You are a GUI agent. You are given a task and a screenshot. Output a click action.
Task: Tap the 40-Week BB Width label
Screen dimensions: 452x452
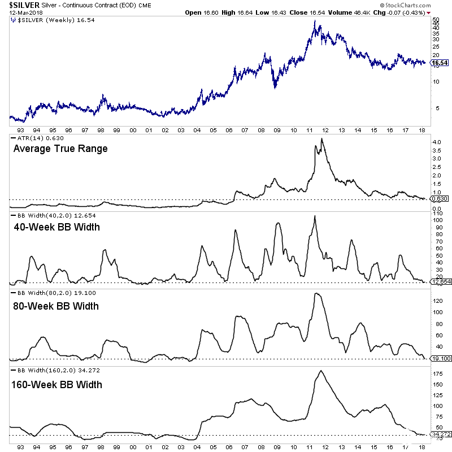(x=56, y=227)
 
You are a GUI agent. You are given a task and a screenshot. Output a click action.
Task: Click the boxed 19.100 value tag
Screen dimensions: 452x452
(x=440, y=358)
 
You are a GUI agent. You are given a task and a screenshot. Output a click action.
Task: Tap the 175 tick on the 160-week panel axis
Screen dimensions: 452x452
(x=436, y=373)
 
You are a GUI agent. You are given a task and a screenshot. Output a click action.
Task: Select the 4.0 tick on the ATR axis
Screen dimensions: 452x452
(x=435, y=141)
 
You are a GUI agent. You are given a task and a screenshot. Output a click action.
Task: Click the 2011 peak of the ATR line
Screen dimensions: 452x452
(x=321, y=138)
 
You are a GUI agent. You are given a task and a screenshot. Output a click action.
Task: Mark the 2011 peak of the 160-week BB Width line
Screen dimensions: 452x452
(x=320, y=371)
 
